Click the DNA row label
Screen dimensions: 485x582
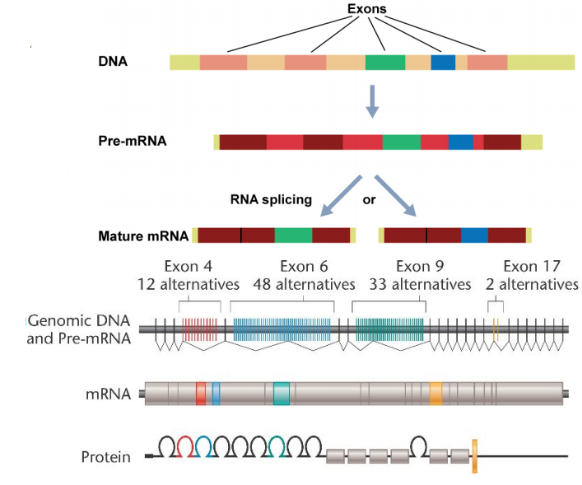click(112, 62)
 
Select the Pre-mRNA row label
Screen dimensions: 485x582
click(132, 141)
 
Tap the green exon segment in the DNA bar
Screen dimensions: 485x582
click(385, 62)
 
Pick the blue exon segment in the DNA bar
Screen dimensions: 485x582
click(443, 62)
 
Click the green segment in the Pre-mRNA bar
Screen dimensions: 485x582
click(401, 142)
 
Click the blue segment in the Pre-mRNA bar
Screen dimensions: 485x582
click(461, 142)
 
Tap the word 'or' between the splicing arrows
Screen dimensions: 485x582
click(370, 198)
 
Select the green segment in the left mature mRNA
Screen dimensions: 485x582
click(293, 236)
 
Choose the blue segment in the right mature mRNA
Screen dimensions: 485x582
click(474, 236)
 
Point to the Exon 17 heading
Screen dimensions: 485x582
click(531, 266)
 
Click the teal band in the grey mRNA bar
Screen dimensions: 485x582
click(282, 393)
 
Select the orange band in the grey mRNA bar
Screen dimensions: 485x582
click(435, 393)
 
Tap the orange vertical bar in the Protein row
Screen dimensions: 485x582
click(475, 456)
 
